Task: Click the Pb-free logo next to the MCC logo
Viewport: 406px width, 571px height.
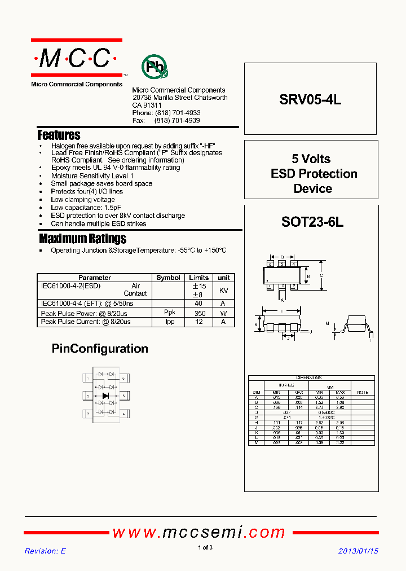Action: pyautogui.click(x=154, y=67)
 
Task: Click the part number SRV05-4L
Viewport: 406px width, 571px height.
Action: pyautogui.click(x=310, y=100)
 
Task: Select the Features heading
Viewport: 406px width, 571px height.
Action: pyautogui.click(x=59, y=135)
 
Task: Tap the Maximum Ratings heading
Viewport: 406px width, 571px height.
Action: pyautogui.click(x=82, y=239)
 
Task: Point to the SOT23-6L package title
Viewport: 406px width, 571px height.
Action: pyautogui.click(x=312, y=222)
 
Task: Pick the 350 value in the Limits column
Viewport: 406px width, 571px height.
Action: pyautogui.click(x=198, y=313)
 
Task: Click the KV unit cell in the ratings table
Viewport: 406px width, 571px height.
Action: pyautogui.click(x=223, y=290)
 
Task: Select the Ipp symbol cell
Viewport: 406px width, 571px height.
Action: pyautogui.click(x=170, y=322)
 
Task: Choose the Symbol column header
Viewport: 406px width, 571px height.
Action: pyautogui.click(x=168, y=278)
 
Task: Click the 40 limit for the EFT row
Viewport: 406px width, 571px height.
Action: pyautogui.click(x=198, y=304)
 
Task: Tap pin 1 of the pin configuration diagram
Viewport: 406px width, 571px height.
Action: pyautogui.click(x=88, y=378)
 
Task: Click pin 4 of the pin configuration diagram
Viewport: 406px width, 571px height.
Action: pyautogui.click(x=123, y=414)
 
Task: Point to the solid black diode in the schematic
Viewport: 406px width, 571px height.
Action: pyautogui.click(x=105, y=396)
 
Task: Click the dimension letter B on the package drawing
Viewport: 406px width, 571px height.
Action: pyautogui.click(x=307, y=276)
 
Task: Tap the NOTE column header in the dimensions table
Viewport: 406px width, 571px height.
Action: pyautogui.click(x=362, y=392)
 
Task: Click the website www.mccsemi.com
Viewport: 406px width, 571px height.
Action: pyautogui.click(x=199, y=532)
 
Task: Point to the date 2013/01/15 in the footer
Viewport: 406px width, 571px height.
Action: pyautogui.click(x=359, y=551)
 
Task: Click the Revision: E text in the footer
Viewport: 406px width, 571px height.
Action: pyautogui.click(x=45, y=551)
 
